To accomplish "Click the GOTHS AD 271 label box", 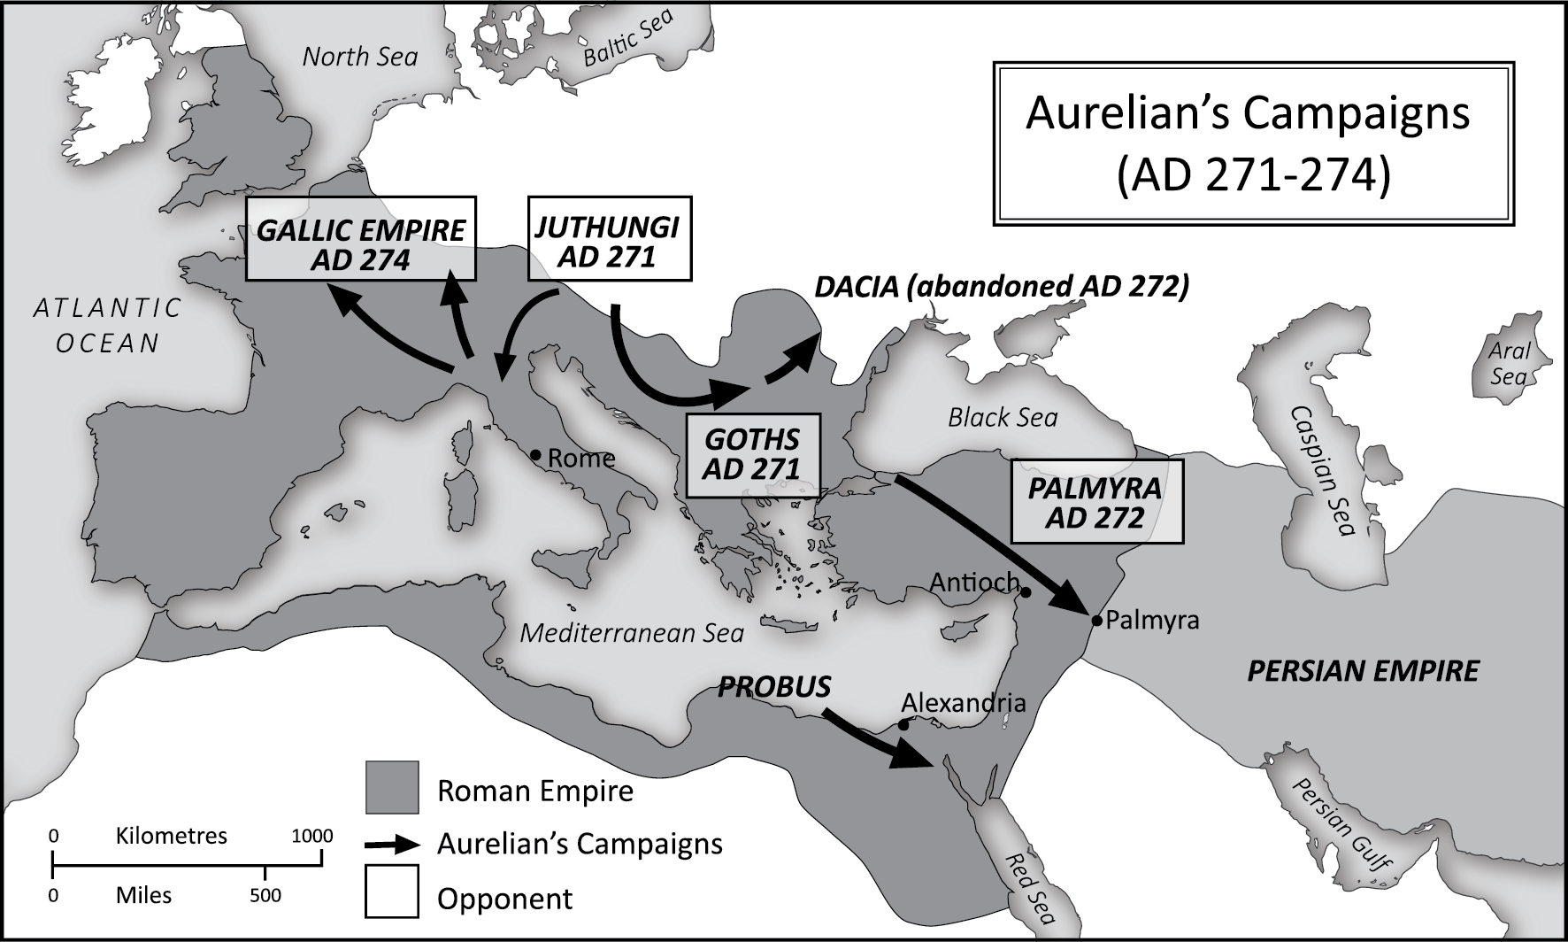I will pyautogui.click(x=752, y=455).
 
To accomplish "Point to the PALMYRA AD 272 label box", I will pyautogui.click(x=1095, y=501).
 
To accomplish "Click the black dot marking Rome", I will pyautogui.click(x=534, y=455).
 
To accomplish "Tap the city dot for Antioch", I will pyautogui.click(x=1026, y=592).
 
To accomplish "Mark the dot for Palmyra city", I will pyautogui.click(x=1097, y=621).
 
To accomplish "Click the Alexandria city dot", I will pyautogui.click(x=903, y=725).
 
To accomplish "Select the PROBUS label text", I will pyautogui.click(x=774, y=687).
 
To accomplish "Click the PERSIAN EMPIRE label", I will pyautogui.click(x=1363, y=670).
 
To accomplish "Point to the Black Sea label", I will pyautogui.click(x=1003, y=417).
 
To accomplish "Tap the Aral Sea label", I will pyautogui.click(x=1509, y=364).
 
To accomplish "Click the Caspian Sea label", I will pyautogui.click(x=1322, y=471).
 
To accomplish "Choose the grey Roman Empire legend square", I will pyautogui.click(x=392, y=787).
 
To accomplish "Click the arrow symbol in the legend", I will pyautogui.click(x=392, y=844).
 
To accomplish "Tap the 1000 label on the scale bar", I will pyautogui.click(x=312, y=836).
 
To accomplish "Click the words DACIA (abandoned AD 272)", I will pyautogui.click(x=1002, y=287).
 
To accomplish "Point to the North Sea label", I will pyautogui.click(x=359, y=57).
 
